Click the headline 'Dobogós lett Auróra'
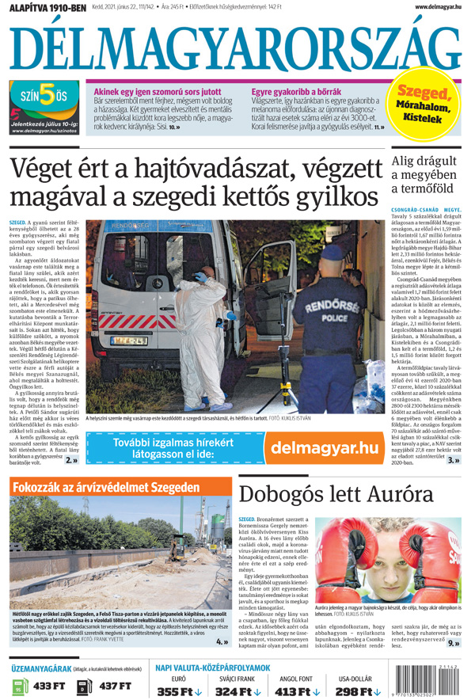click(x=336, y=494)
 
